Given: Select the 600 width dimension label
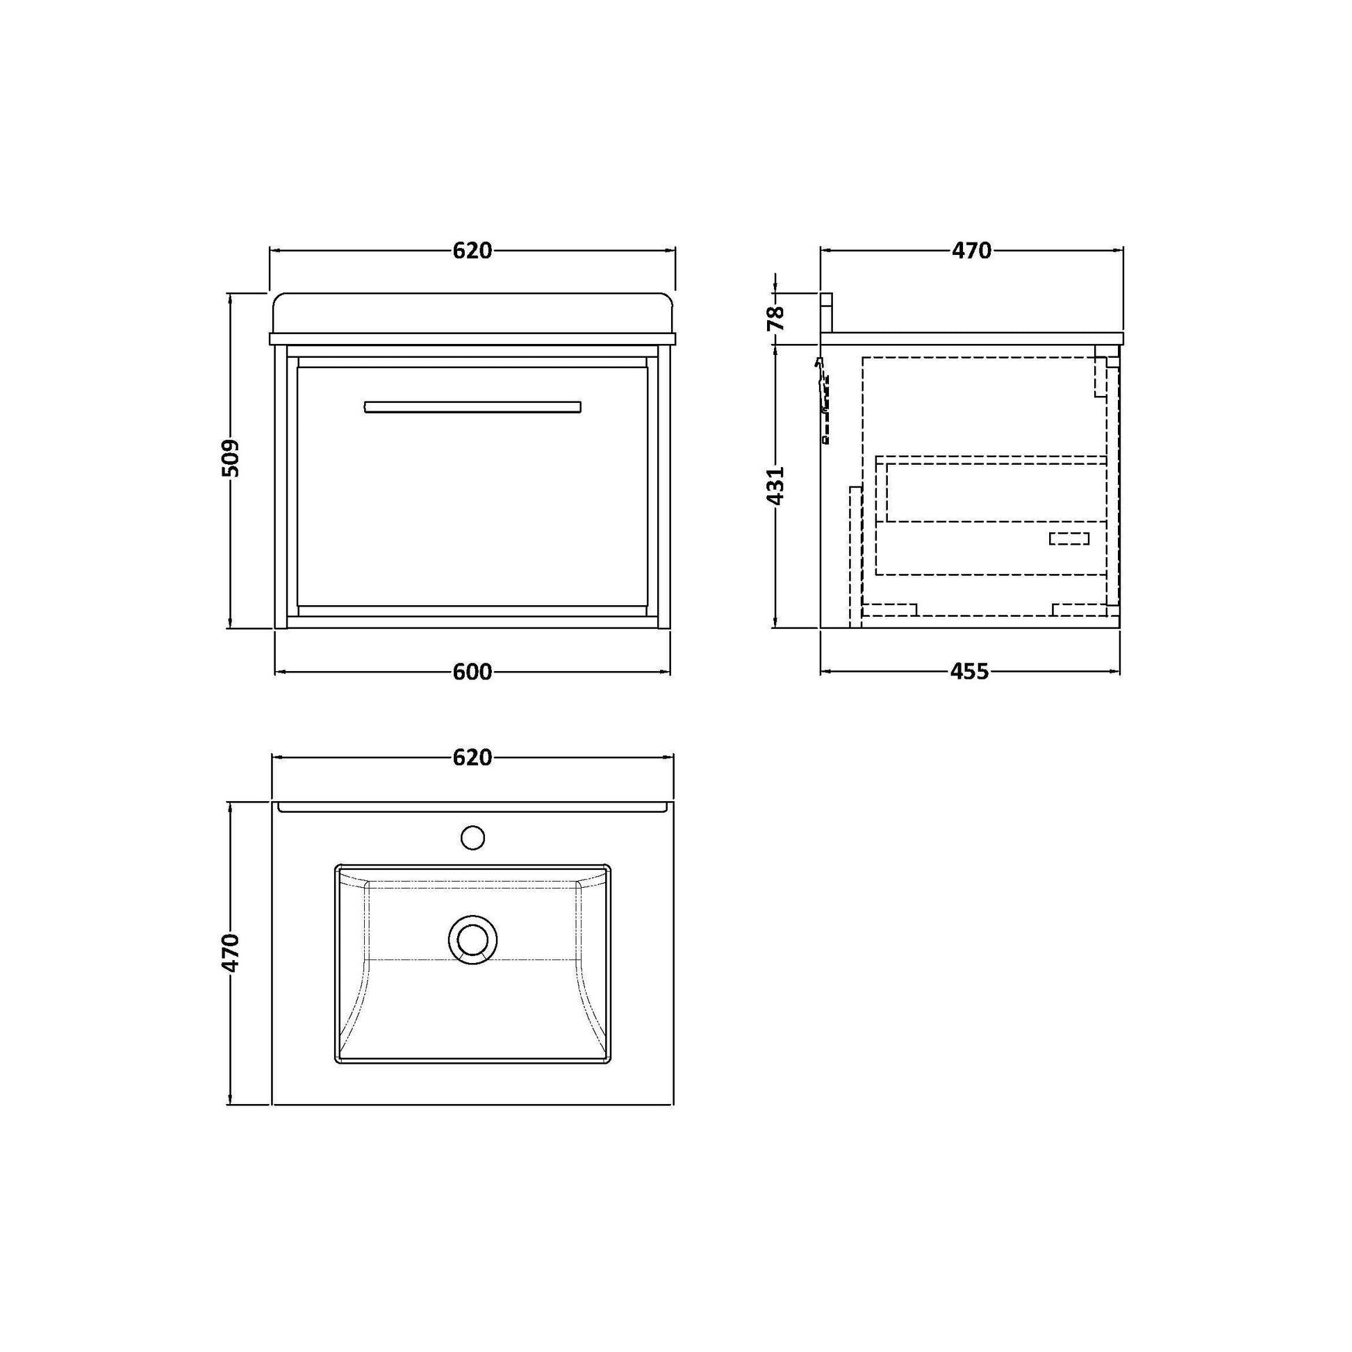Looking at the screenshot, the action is tap(472, 673).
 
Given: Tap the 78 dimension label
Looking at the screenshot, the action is tap(776, 318).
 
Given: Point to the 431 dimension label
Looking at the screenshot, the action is tap(776, 485).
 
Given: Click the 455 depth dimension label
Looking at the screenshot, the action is tap(970, 672).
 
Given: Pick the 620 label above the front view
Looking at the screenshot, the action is tap(472, 251).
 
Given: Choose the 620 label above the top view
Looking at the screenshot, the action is tap(472, 757).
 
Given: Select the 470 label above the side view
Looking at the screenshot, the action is tap(971, 250).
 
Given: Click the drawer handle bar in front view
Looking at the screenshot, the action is tap(472, 407).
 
